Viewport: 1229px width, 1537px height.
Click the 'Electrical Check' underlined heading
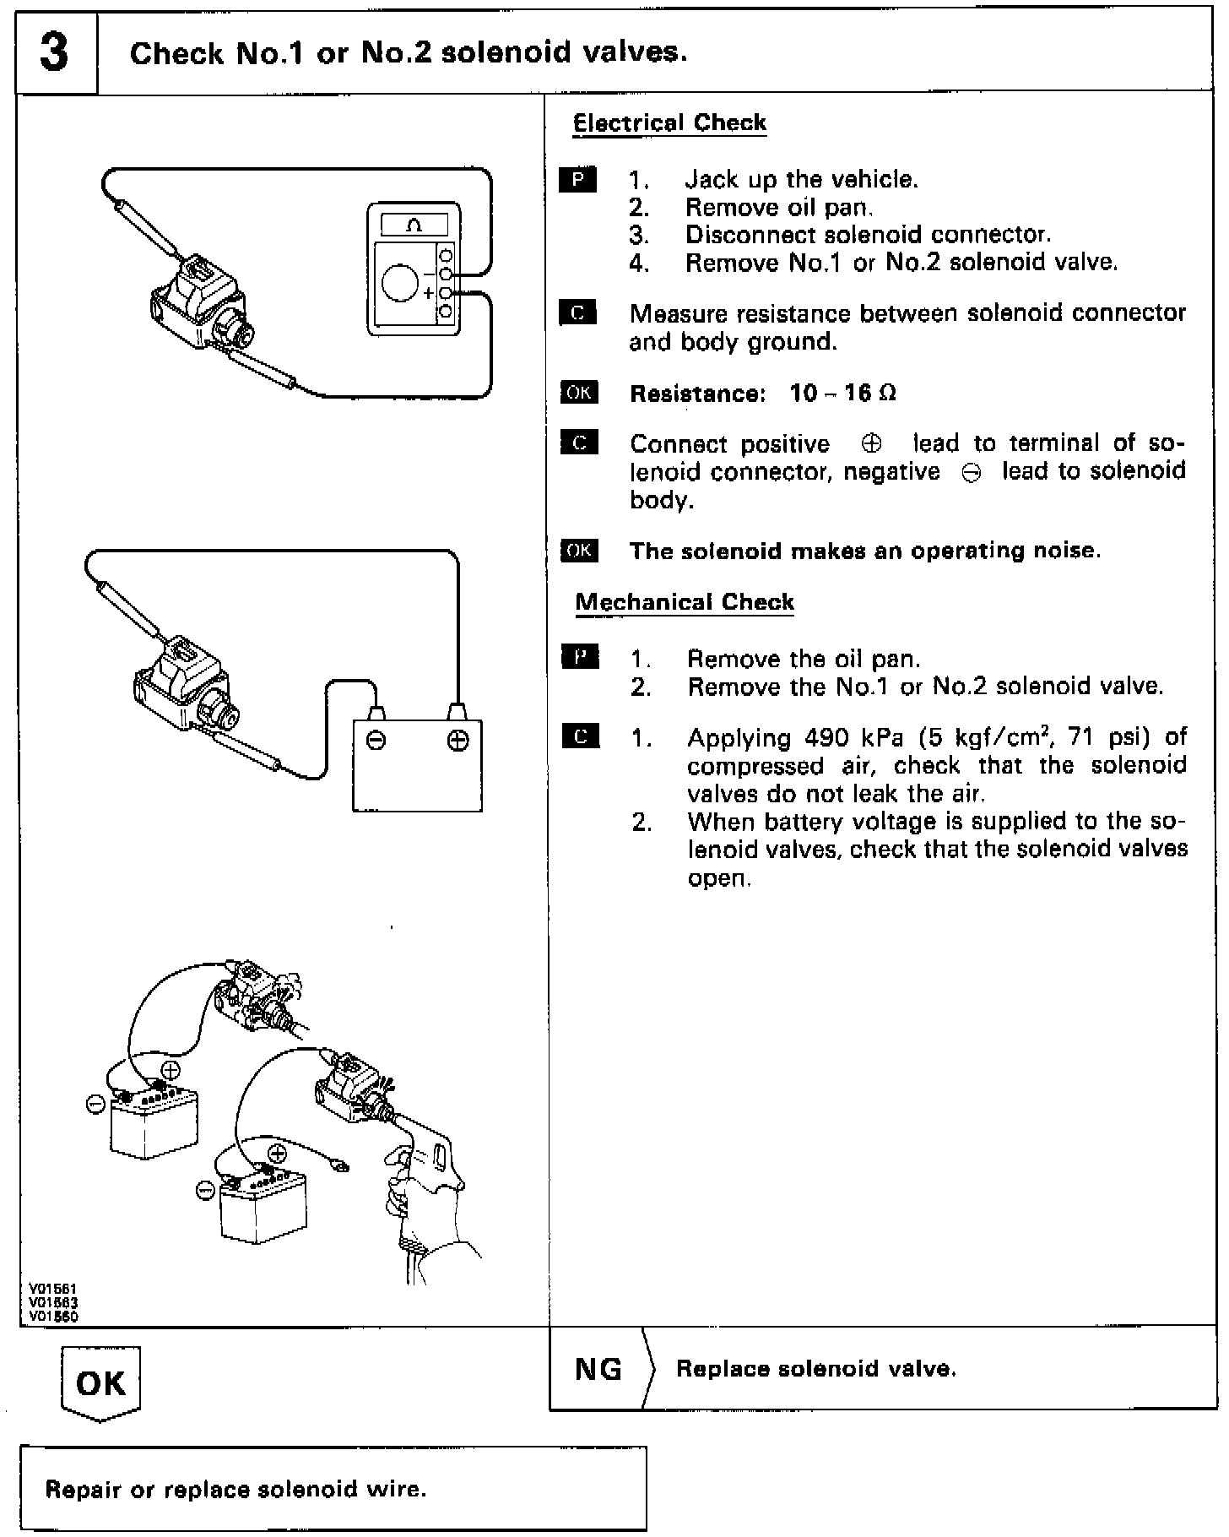(669, 123)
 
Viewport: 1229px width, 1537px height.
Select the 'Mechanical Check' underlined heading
(684, 602)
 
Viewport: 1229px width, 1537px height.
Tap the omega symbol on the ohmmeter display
(414, 225)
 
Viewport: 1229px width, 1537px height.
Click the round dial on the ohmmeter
(400, 282)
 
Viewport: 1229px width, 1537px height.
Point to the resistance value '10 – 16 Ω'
(842, 394)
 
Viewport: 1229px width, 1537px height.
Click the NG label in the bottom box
(598, 1369)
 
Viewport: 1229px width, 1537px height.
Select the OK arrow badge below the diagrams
(100, 1382)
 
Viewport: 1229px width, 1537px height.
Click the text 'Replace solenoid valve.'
(816, 1369)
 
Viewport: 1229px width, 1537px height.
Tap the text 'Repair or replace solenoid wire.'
(236, 1489)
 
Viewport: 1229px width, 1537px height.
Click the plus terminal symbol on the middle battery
(457, 741)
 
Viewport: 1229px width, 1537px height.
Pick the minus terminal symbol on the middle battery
(376, 741)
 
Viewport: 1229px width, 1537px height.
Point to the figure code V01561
(52, 1289)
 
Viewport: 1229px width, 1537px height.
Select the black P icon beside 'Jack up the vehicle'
(578, 180)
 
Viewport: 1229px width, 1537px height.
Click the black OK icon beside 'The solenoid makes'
(579, 551)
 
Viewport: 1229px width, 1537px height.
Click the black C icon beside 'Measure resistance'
(578, 313)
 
